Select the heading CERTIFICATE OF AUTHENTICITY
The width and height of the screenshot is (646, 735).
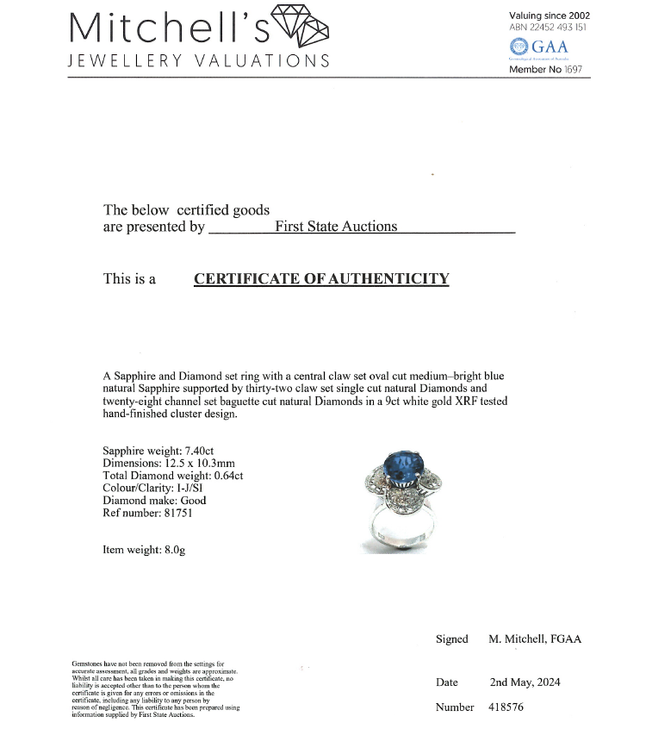click(x=321, y=278)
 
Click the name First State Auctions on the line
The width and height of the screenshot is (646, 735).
click(x=336, y=227)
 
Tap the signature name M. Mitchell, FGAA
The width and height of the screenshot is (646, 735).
click(x=535, y=638)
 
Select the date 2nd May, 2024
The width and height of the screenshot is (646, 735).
click(x=525, y=682)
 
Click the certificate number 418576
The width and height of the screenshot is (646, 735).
click(x=506, y=707)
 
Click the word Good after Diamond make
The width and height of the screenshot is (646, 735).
click(x=192, y=500)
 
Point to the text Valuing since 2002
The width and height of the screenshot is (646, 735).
click(x=550, y=16)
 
